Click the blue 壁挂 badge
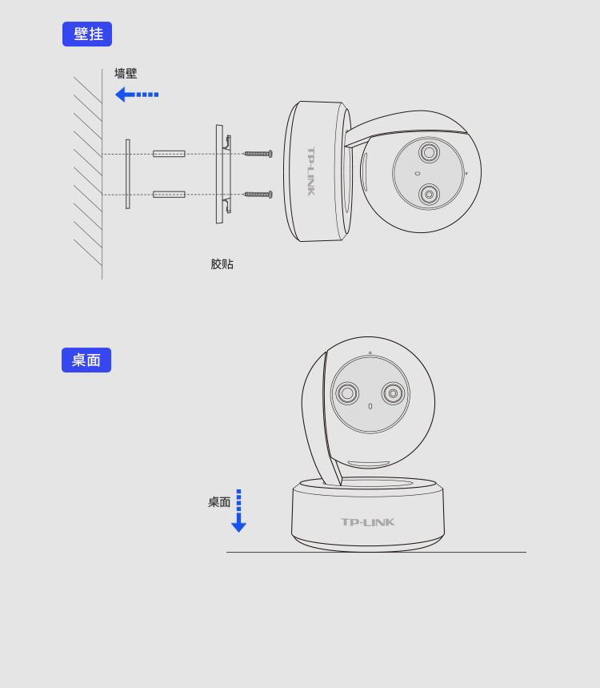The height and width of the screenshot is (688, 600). [x=87, y=34]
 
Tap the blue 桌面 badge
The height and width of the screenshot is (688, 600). [x=86, y=360]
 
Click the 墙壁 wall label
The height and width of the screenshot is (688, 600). [x=126, y=73]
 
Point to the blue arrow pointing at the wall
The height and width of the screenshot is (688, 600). [x=137, y=95]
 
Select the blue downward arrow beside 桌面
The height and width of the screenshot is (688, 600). [x=239, y=511]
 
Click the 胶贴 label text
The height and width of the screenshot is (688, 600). [x=222, y=264]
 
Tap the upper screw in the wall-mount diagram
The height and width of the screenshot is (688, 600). [x=258, y=154]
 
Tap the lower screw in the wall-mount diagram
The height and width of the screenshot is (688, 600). [x=258, y=195]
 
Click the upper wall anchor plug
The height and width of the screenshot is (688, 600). [x=169, y=154]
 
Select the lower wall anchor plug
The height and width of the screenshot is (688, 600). [x=169, y=195]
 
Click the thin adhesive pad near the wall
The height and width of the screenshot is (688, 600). [x=128, y=174]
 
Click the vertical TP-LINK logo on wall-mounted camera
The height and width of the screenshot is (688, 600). [x=310, y=171]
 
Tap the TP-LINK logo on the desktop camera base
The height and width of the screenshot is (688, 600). [x=368, y=522]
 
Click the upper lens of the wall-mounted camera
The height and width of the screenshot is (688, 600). [x=429, y=153]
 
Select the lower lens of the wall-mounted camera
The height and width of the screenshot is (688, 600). [x=429, y=194]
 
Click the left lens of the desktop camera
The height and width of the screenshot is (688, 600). [x=347, y=393]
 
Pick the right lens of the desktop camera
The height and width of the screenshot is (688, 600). [x=393, y=393]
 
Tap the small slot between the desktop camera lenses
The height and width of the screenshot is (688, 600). [x=370, y=406]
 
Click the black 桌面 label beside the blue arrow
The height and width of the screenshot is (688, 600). [x=219, y=502]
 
